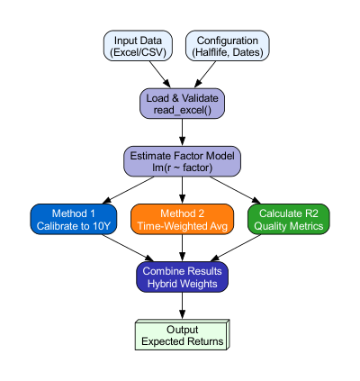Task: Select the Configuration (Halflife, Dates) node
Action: (x=229, y=47)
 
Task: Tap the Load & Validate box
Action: (x=183, y=104)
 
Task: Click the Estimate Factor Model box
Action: (x=183, y=161)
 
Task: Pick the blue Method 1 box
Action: (x=75, y=219)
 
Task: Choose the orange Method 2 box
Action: (x=183, y=219)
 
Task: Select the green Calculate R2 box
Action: (x=289, y=219)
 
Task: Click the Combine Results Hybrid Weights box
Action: (x=183, y=277)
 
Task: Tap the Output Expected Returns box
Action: (x=183, y=335)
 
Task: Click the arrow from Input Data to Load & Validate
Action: (x=155, y=75)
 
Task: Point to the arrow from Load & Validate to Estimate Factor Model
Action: (x=183, y=132)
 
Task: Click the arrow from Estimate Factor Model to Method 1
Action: (x=130, y=190)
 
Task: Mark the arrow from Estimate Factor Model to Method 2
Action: (x=183, y=190)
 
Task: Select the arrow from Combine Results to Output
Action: (x=183, y=305)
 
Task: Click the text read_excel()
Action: (x=183, y=110)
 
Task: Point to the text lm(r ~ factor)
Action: (x=183, y=168)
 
